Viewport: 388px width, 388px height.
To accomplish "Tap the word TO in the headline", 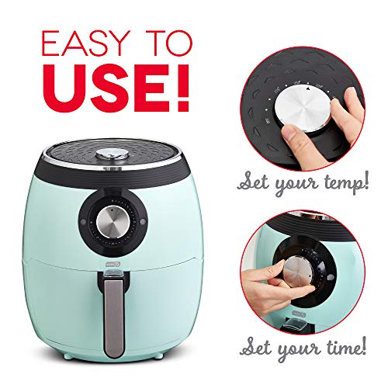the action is pyautogui.click(x=168, y=43).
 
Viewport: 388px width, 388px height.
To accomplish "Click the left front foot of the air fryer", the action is pyautogui.click(x=68, y=357).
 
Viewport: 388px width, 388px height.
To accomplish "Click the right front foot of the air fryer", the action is pyautogui.click(x=157, y=356).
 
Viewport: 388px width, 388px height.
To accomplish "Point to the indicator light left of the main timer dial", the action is pyautogui.click(x=83, y=222).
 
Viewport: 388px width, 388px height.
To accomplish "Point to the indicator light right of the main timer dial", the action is pyautogui.click(x=143, y=222).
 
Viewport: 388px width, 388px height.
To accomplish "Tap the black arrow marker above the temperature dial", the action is pyautogui.click(x=308, y=88).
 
